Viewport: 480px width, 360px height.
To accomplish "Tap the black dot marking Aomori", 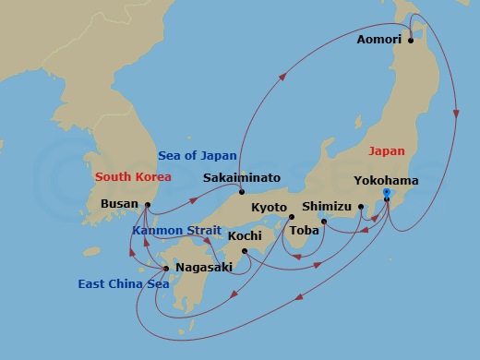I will pyautogui.click(x=410, y=41).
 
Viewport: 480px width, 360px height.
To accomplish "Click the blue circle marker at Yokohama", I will pyautogui.click(x=386, y=193).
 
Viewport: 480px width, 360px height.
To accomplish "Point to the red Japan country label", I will pyautogui.click(x=386, y=150).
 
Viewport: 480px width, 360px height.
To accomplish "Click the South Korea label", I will pyautogui.click(x=133, y=175).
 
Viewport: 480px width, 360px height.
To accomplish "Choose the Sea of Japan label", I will pyautogui.click(x=198, y=155).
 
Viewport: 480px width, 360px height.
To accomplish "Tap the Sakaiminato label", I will pyautogui.click(x=241, y=177).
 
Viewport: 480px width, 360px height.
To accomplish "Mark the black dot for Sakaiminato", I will pyautogui.click(x=241, y=191).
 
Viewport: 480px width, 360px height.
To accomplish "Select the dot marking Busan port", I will pyautogui.click(x=147, y=204).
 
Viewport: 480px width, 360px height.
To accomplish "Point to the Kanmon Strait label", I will pyautogui.click(x=176, y=230).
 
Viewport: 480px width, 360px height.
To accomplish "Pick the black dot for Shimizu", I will pyautogui.click(x=361, y=207).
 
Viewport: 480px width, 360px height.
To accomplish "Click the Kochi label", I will pyautogui.click(x=245, y=237).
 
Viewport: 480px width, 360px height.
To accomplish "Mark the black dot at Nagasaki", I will pyautogui.click(x=166, y=269).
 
